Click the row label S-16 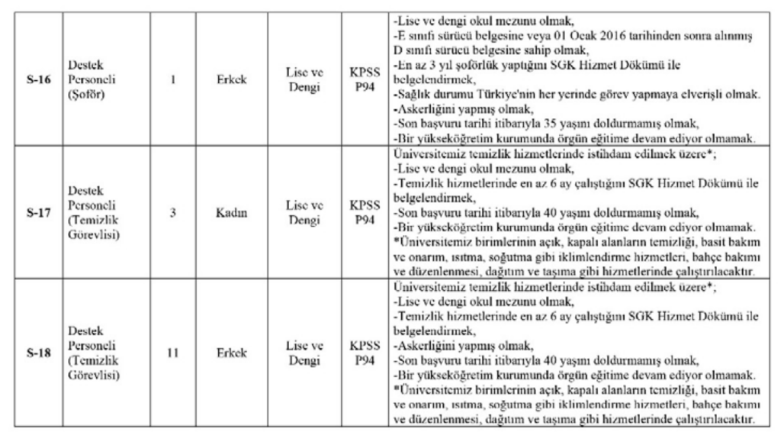point(36,78)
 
